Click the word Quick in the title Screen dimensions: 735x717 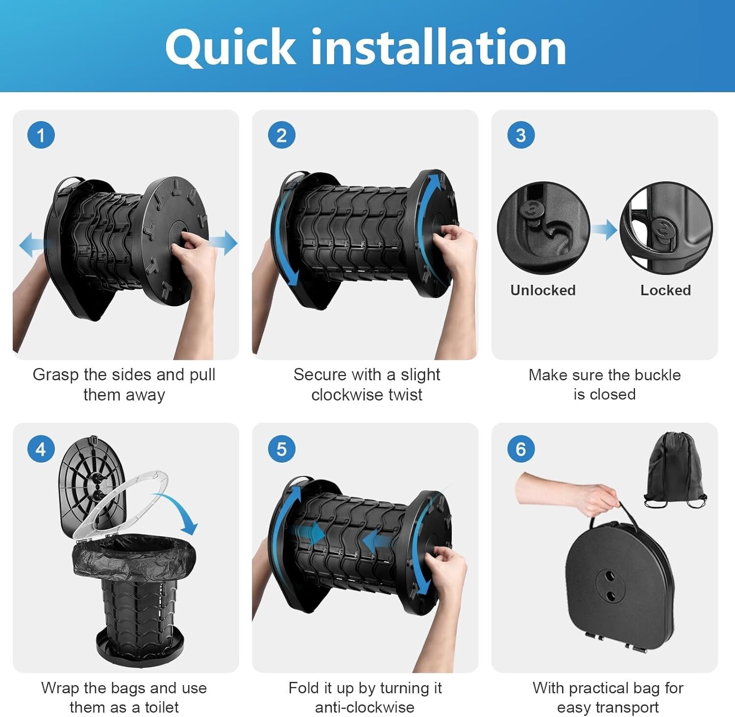coord(230,48)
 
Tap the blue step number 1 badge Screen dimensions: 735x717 coord(41,135)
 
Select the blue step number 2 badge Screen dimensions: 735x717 coord(281,135)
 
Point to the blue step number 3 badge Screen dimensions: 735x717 coord(521,135)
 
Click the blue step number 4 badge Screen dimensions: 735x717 coord(41,449)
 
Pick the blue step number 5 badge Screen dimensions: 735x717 coord(281,449)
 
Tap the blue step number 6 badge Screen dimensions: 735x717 coord(521,449)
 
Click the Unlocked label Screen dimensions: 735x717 coord(543,290)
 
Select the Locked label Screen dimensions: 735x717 coord(665,290)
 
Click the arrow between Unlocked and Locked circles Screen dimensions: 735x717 coord(604,229)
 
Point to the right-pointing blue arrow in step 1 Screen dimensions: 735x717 coord(223,243)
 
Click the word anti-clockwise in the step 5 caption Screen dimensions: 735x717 coord(365,707)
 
